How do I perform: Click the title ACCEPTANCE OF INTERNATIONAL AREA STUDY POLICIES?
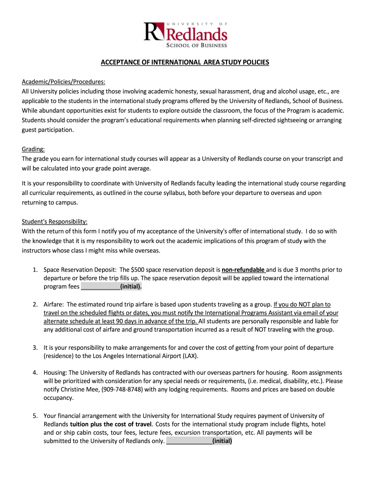(x=185, y=62)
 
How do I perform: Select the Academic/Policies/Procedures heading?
(x=63, y=81)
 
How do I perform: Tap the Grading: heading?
(x=33, y=149)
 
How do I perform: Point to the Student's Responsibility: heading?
(x=54, y=222)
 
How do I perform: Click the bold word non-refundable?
(x=243, y=270)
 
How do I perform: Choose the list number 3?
(x=35, y=347)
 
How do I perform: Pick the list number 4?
(x=35, y=373)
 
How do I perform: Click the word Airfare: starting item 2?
(x=53, y=304)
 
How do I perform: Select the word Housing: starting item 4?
(x=55, y=373)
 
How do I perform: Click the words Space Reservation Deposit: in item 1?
(x=79, y=270)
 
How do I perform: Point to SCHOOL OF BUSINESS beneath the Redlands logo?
(x=196, y=45)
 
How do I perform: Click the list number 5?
(x=35, y=415)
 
